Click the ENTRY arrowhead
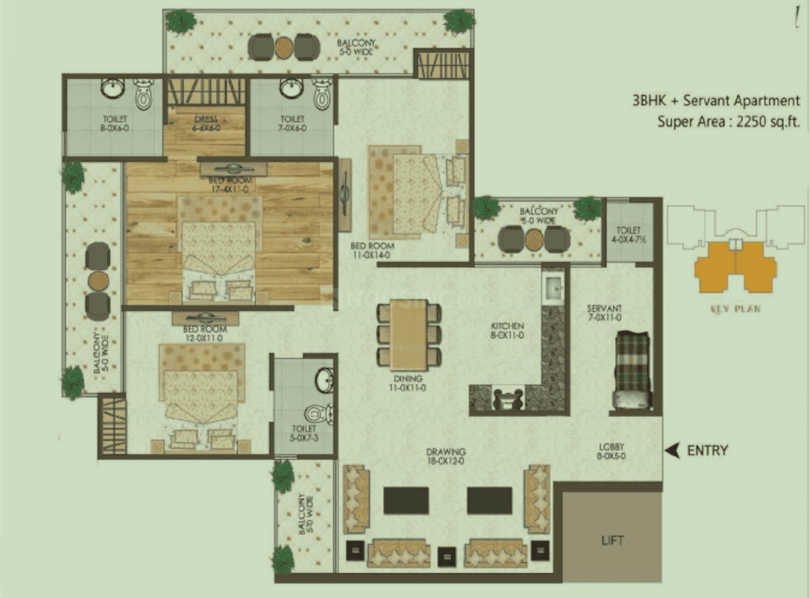672,451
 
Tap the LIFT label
612,540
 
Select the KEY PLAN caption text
735,308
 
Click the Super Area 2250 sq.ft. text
728,121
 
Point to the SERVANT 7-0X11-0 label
604,313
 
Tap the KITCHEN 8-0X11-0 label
507,330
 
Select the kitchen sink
555,287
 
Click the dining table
408,334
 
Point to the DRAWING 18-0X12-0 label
447,456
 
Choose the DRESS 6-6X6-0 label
205,124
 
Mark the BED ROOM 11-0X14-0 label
372,251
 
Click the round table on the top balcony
283,47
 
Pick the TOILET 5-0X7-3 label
304,433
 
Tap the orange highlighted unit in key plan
735,267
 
